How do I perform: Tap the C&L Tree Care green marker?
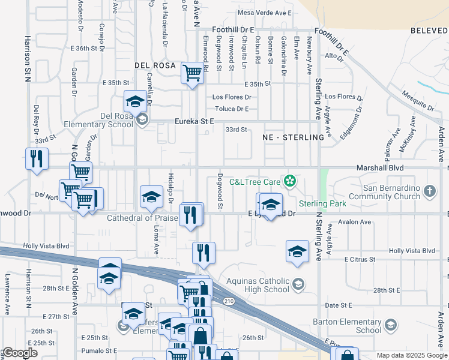point(290,180)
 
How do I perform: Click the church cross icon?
point(429,191)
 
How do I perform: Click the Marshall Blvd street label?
point(379,169)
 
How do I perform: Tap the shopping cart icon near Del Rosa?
point(192,73)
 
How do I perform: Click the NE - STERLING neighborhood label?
point(294,137)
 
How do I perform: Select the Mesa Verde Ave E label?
point(265,12)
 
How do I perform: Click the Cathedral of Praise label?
point(142,218)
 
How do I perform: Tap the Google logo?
point(20,353)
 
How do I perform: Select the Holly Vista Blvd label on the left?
point(46,246)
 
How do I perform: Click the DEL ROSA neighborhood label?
point(155,65)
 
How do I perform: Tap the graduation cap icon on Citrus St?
point(297,251)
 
